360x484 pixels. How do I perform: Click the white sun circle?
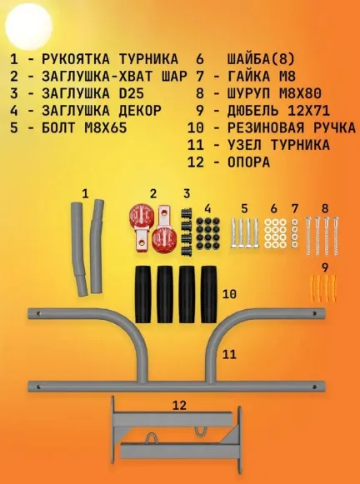coord(28,27)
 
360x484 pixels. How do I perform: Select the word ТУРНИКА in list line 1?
coord(148,59)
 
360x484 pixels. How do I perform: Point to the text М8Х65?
coord(106,127)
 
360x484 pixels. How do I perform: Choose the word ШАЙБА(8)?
coord(261,59)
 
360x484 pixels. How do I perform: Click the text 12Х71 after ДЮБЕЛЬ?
coord(308,111)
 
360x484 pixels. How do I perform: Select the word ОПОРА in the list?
coord(248,162)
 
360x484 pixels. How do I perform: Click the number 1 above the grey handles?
coord(86,194)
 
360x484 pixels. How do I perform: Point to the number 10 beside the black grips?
coord(229,294)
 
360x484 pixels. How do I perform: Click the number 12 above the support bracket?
coord(180,406)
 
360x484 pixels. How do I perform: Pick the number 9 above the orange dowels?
coord(325,268)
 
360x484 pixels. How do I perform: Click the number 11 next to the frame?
coord(229,354)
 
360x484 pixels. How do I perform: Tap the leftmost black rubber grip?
coord(143,294)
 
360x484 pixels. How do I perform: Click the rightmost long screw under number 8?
coord(336,236)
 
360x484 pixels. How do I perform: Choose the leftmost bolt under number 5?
coord(234,233)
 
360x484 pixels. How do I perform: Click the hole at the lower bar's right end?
coord(315,387)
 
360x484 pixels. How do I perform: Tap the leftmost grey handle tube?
coord(78,249)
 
